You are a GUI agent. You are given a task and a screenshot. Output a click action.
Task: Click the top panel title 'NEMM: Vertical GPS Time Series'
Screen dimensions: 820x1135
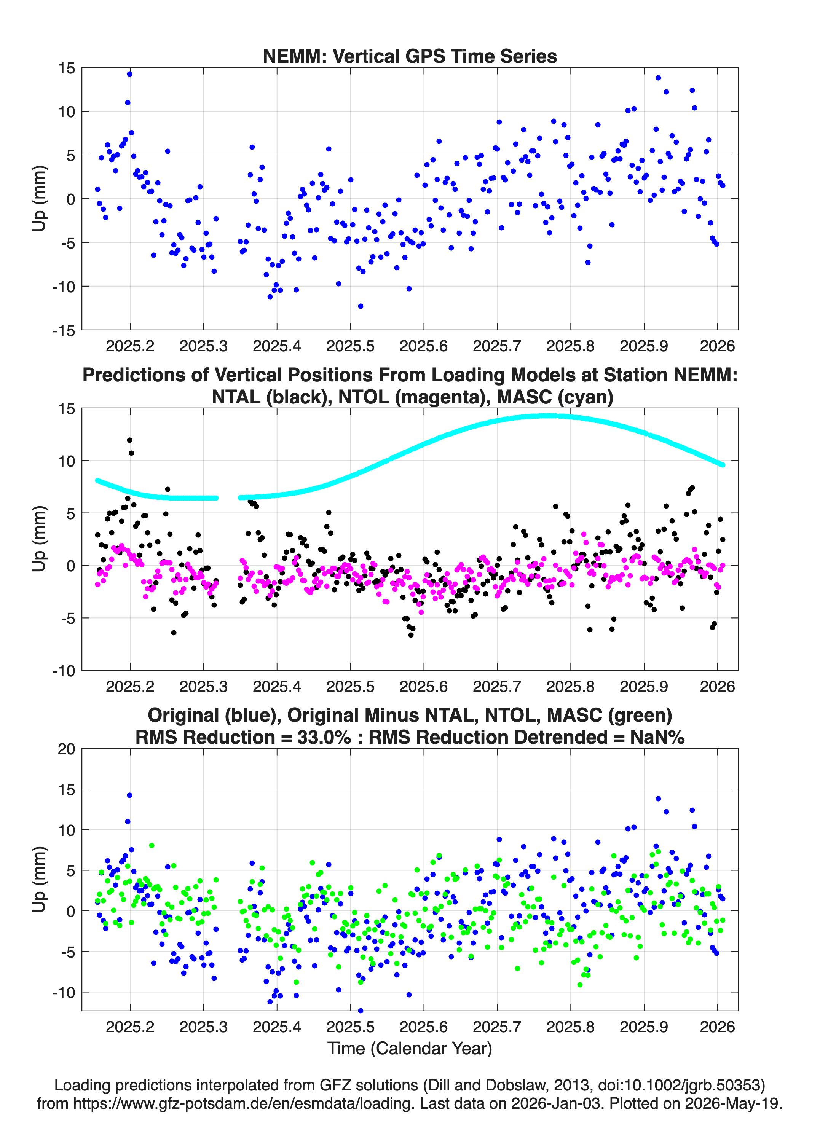tap(410, 56)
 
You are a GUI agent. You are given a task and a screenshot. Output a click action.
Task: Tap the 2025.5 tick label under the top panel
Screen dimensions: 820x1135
tap(351, 346)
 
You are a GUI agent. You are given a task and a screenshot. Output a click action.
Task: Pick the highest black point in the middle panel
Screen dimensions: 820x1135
tap(130, 440)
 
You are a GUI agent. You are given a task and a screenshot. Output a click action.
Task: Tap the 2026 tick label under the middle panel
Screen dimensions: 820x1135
tap(717, 686)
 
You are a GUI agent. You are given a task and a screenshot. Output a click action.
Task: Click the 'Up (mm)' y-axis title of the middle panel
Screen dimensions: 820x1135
tap(40, 539)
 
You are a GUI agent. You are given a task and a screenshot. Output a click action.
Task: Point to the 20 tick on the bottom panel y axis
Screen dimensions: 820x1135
tap(67, 749)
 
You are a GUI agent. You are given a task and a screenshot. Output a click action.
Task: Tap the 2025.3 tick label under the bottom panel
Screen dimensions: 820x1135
tap(203, 1027)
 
